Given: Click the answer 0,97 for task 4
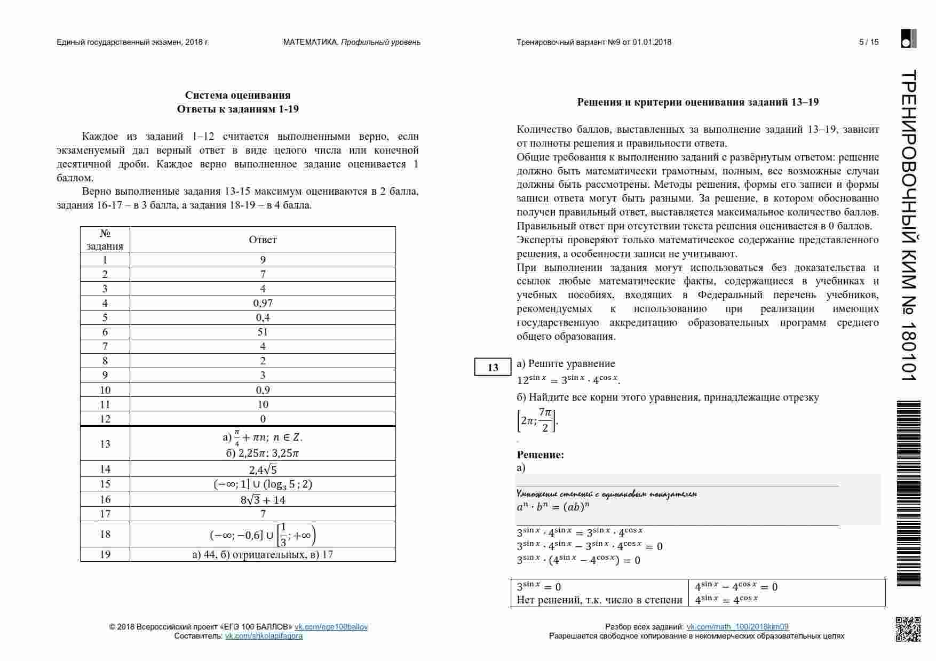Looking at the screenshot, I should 263,303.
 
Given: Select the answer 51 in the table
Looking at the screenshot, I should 263,332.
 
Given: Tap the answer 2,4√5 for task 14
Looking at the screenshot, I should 263,469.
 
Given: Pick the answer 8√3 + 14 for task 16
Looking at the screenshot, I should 263,500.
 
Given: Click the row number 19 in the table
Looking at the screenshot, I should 105,554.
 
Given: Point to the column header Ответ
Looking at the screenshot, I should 263,240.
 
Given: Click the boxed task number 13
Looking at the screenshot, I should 493,368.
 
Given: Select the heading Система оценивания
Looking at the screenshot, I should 237,95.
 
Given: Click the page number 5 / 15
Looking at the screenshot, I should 869,42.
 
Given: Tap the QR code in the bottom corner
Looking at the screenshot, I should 908,629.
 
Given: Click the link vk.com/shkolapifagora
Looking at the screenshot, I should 264,636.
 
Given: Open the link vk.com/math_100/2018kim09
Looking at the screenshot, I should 737,627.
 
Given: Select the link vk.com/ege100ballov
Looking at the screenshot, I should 331,627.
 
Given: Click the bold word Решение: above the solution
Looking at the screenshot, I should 540,455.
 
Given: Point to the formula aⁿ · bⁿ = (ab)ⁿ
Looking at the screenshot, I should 553,507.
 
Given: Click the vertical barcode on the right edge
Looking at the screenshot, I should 909,493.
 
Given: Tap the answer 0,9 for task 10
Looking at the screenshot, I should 263,390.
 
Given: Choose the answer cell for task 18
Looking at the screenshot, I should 263,535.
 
